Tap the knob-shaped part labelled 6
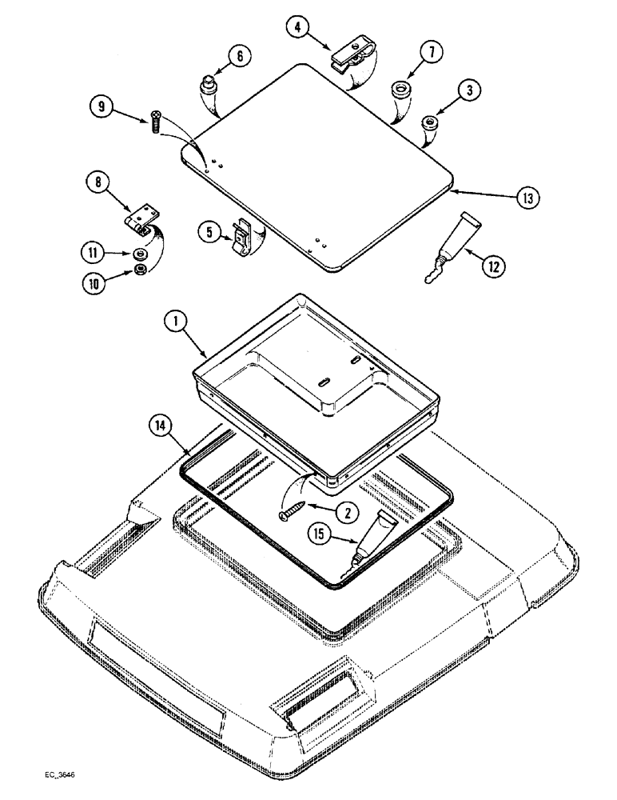click(209, 84)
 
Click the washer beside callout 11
click(141, 254)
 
